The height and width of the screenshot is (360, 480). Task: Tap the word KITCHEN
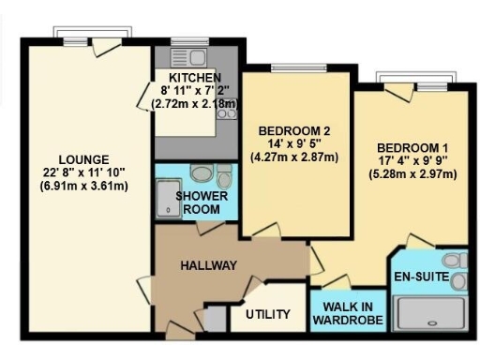coord(194,77)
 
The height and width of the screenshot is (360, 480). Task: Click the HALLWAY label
coord(207,265)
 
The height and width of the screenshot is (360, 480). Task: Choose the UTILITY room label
coord(267,314)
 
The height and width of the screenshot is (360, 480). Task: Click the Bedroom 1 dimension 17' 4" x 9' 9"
coord(409,161)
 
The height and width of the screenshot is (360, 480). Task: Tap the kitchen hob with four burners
coord(226,113)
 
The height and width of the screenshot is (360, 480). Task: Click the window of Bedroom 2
coord(287,67)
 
